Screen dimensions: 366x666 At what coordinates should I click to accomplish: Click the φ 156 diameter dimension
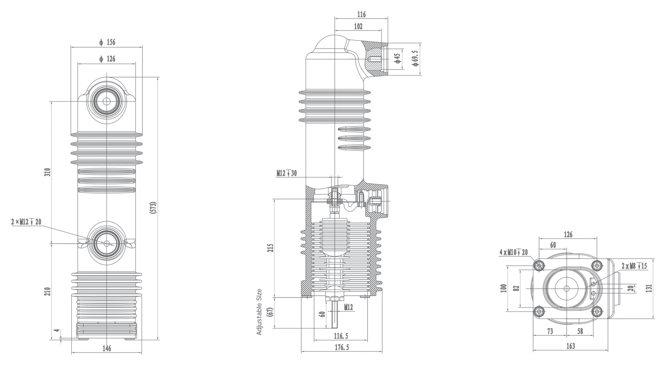107,42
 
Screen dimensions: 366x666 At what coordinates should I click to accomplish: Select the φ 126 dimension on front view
107,59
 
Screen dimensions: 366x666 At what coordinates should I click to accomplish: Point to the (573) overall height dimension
154,208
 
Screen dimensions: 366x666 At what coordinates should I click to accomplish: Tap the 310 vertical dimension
47,172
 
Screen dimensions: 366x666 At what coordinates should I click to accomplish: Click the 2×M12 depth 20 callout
26,222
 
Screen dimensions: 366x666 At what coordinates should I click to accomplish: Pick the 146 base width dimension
107,348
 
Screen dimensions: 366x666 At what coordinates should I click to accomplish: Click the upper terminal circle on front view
106,101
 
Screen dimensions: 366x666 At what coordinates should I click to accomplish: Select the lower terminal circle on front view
107,243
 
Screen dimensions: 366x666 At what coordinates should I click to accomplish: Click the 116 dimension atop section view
361,14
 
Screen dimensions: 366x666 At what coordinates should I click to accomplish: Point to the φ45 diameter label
397,59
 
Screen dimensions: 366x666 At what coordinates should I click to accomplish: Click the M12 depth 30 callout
286,173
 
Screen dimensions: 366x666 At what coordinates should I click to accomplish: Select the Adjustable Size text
259,312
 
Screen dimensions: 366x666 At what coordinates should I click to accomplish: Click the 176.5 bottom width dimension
342,347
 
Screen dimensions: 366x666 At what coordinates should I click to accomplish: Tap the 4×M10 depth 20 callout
514,252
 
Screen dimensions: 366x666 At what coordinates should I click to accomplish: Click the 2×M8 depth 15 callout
634,266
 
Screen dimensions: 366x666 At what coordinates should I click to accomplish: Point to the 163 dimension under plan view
570,346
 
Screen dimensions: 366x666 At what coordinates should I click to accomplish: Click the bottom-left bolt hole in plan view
539,311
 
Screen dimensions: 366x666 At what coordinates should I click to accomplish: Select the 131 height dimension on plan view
649,288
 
